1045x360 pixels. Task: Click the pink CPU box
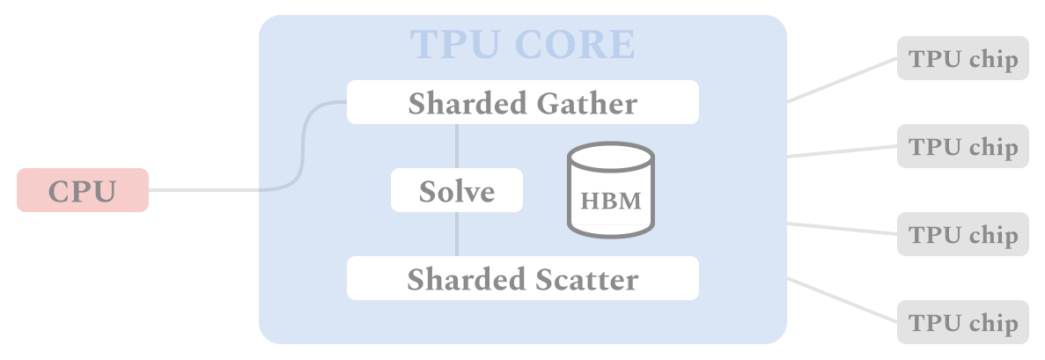83,190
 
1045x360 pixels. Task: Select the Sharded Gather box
522,102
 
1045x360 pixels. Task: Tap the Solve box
456,190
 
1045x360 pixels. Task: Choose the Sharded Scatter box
522,278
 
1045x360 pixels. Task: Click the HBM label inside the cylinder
611,201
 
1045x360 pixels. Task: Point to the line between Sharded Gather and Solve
456,145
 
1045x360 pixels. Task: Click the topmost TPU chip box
962,58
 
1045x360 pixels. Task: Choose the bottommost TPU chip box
962,322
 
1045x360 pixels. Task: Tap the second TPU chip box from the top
962,146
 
